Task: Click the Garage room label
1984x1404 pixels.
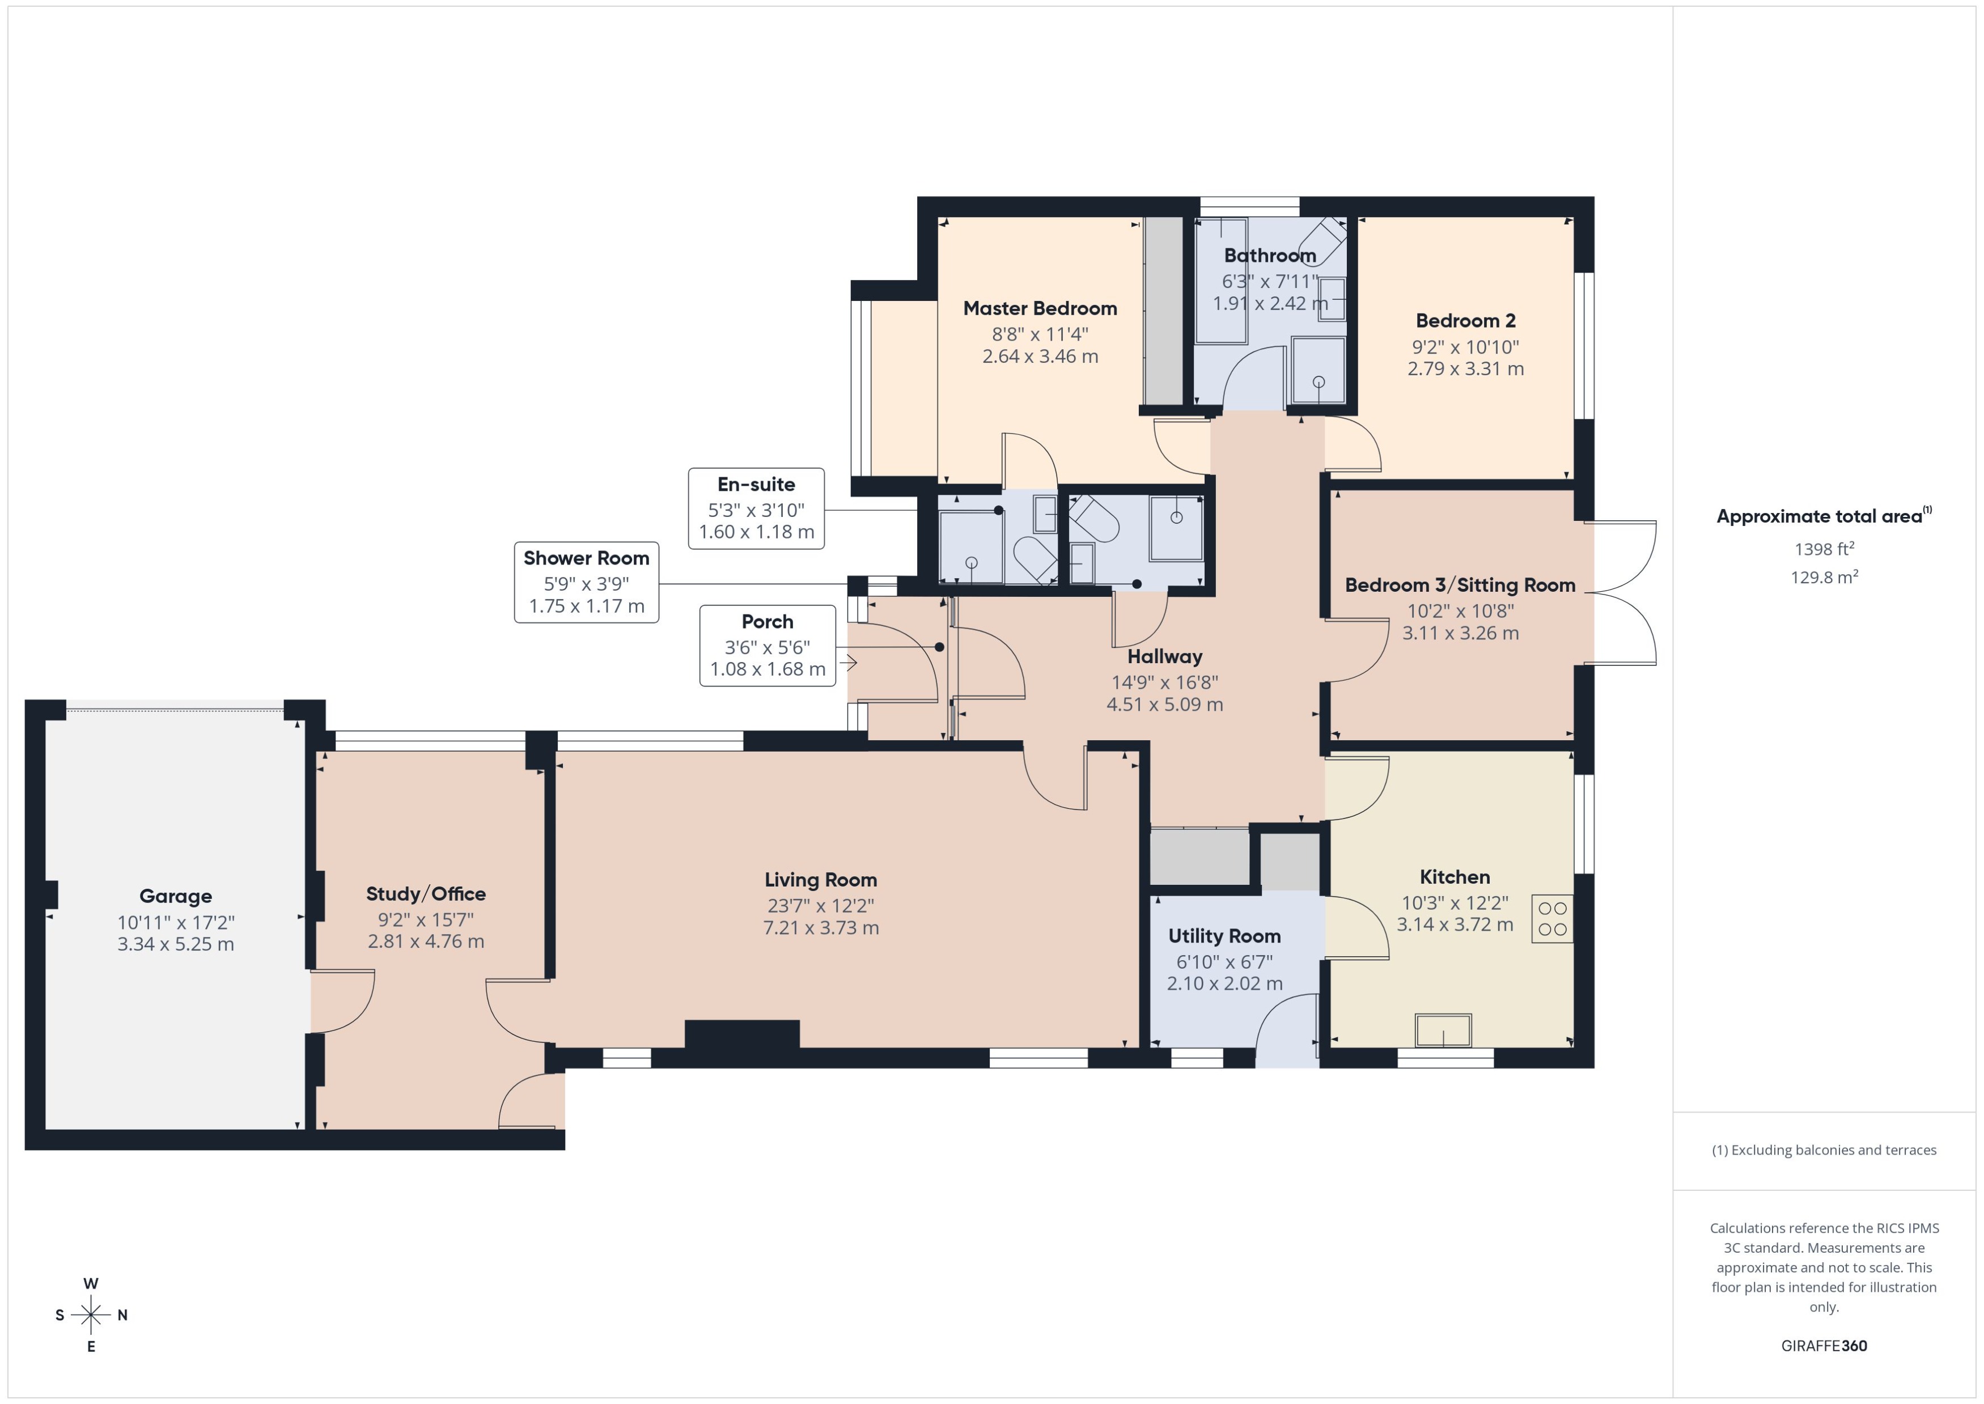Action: (x=176, y=896)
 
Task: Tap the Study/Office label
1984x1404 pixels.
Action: (x=425, y=893)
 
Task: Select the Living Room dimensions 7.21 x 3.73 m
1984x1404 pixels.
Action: (x=820, y=928)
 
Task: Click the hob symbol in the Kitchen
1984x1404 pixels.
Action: (x=1551, y=918)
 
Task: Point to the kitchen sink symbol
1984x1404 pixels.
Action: (x=1442, y=1030)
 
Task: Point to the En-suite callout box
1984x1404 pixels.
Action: (x=756, y=508)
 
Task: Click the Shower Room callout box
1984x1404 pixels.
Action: (x=586, y=582)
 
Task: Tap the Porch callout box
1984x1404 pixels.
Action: (x=767, y=645)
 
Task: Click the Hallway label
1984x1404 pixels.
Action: (x=1164, y=656)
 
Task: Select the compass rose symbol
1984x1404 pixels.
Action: (x=91, y=1315)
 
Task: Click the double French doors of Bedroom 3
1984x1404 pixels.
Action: (x=1623, y=593)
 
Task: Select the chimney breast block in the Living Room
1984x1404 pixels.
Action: (x=741, y=1034)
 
